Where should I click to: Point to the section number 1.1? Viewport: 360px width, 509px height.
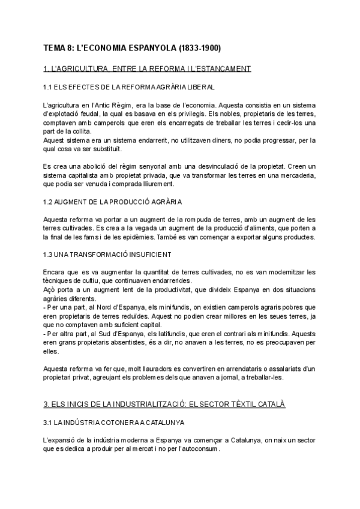click(49, 88)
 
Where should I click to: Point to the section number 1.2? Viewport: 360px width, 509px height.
click(49, 201)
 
